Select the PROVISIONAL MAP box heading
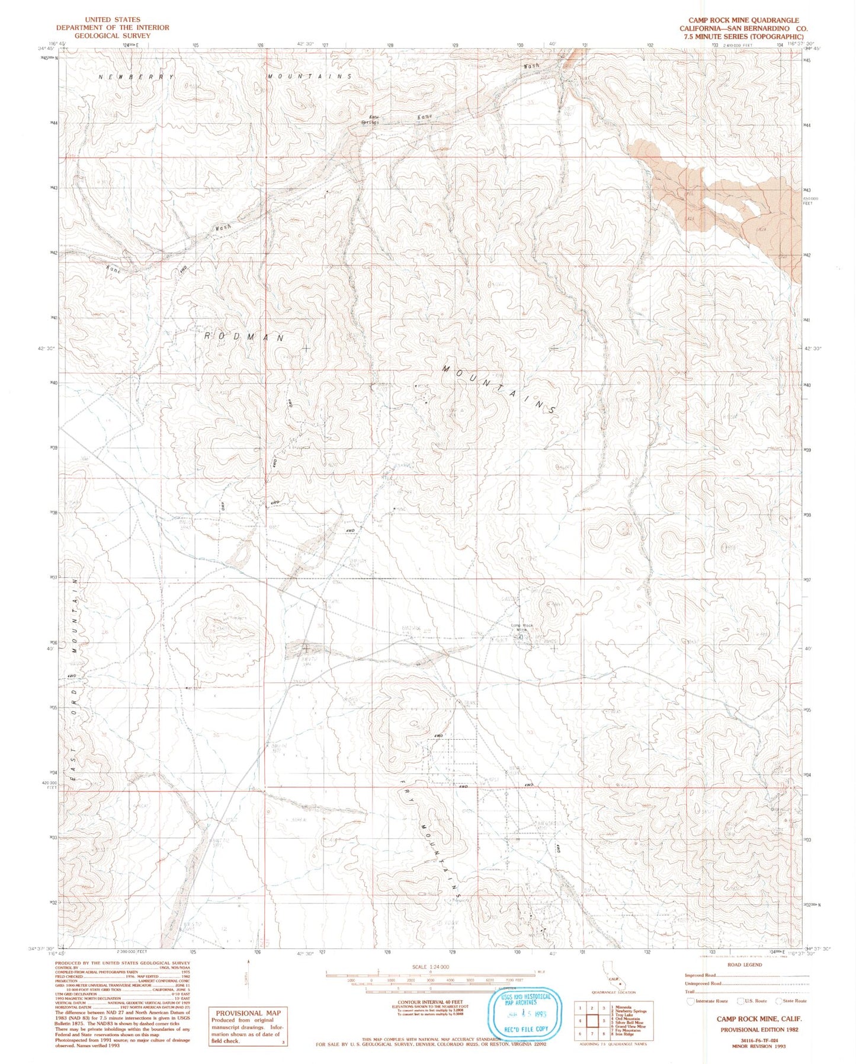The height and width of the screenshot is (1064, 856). tap(248, 1013)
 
